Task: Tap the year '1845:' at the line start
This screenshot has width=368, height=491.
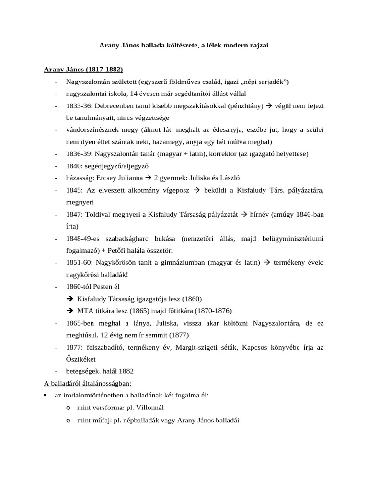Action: (75, 190)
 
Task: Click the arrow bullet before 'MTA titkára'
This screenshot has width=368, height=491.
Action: (70, 310)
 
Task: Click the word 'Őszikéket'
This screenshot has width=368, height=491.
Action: (81, 359)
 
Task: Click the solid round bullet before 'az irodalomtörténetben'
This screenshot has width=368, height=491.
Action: (46, 395)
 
